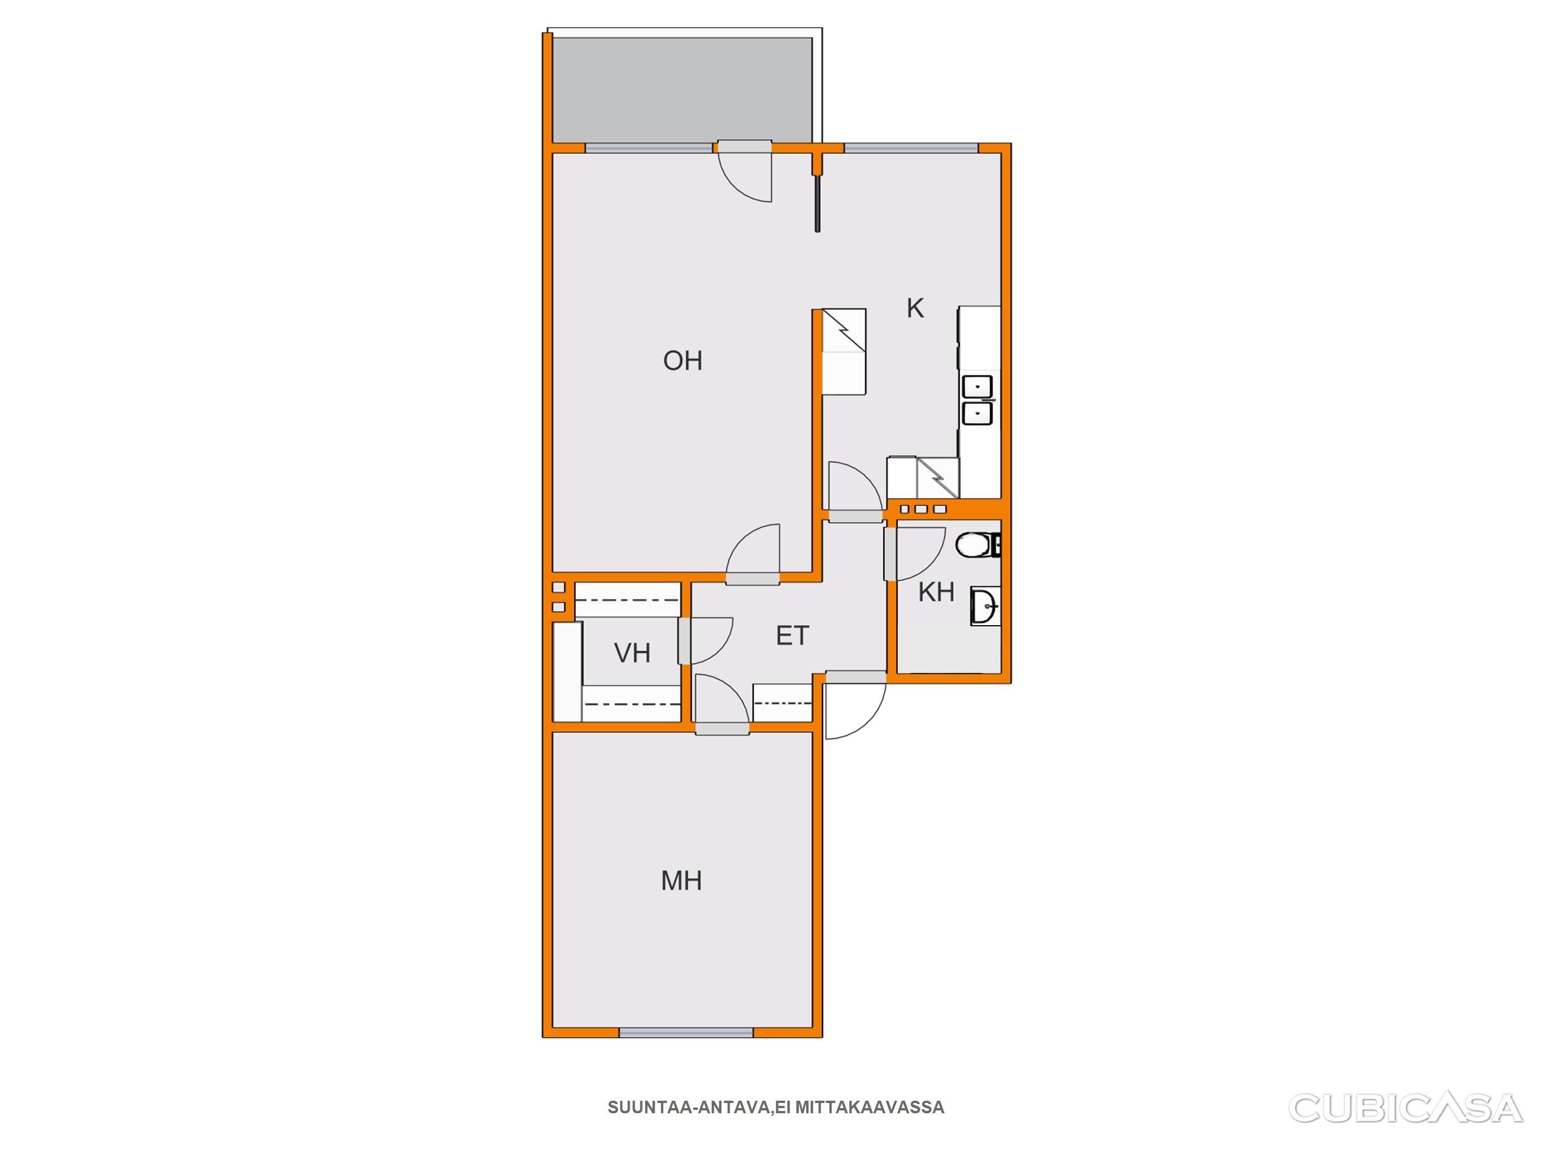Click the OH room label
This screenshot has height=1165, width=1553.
point(683,361)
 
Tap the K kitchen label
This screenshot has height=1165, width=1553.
point(915,308)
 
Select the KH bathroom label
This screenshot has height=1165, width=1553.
point(936,592)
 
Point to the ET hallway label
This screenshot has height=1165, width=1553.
point(792,635)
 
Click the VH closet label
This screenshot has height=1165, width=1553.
point(632,653)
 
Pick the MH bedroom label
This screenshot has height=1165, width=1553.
point(681,881)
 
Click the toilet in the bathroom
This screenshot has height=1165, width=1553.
point(977,545)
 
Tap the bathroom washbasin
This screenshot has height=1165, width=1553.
point(985,606)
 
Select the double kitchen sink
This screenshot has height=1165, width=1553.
point(977,400)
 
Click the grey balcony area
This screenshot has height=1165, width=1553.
point(683,90)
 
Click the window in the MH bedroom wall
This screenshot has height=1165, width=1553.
point(686,1032)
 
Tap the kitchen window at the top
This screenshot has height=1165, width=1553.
point(911,148)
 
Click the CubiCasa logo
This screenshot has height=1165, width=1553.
point(1405,1108)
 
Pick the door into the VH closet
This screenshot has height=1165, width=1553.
point(705,641)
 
